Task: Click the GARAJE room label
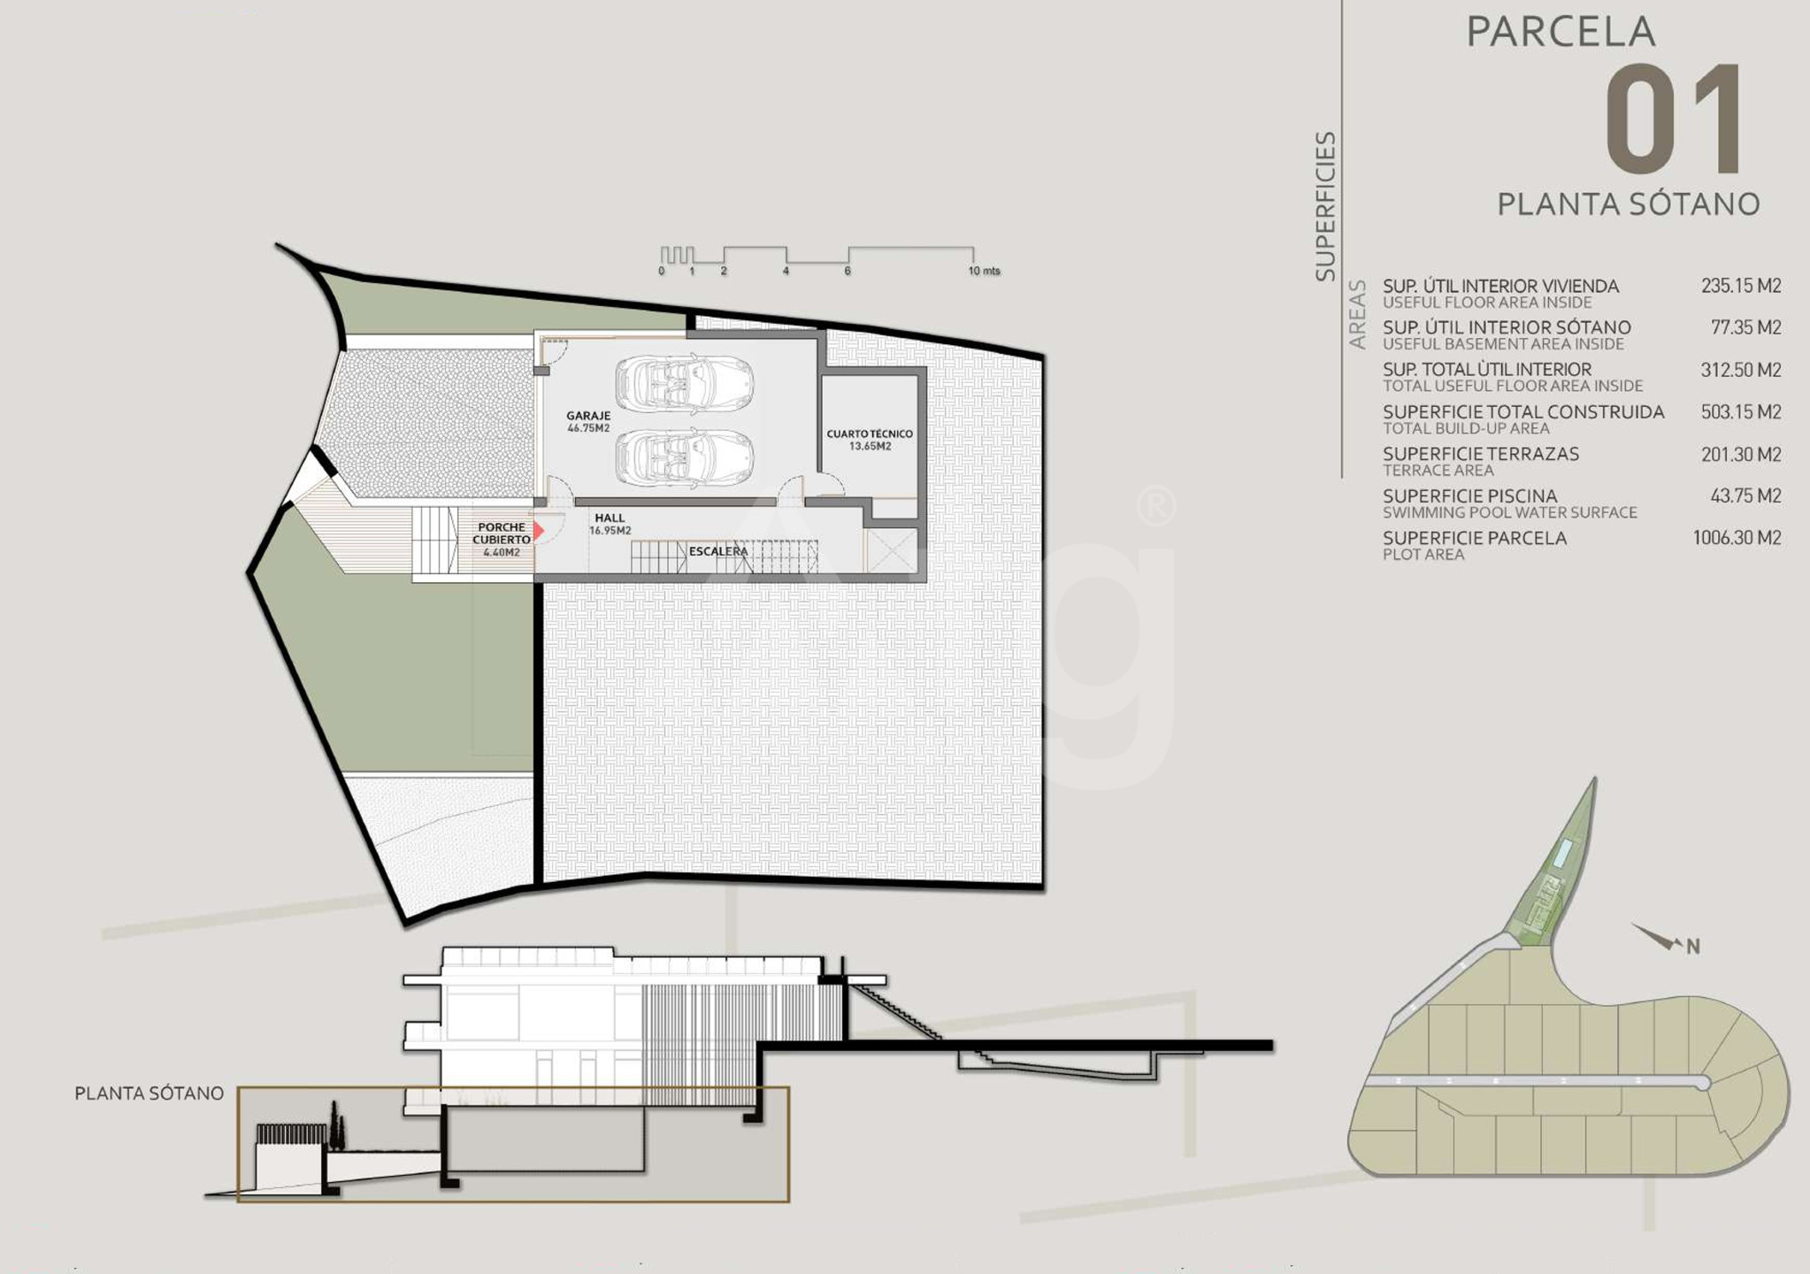[x=588, y=416]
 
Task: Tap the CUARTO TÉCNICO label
[x=870, y=434]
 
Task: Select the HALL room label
[x=610, y=518]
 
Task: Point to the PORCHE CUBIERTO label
[x=502, y=533]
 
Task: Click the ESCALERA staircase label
[x=718, y=551]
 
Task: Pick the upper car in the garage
[x=685, y=384]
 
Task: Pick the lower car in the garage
[x=685, y=458]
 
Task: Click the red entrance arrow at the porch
[x=538, y=531]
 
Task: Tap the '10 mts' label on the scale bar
[x=984, y=271]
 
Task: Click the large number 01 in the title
[x=1674, y=119]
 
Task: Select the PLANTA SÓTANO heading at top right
[x=1629, y=204]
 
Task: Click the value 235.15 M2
[x=1741, y=286]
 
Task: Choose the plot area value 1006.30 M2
[x=1737, y=538]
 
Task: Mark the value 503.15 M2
[x=1741, y=412]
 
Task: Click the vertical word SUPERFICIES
[x=1325, y=207]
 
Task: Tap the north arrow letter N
[x=1693, y=947]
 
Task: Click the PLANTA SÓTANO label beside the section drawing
[x=149, y=1094]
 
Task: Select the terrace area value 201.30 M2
[x=1741, y=455]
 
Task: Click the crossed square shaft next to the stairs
[x=892, y=551]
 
